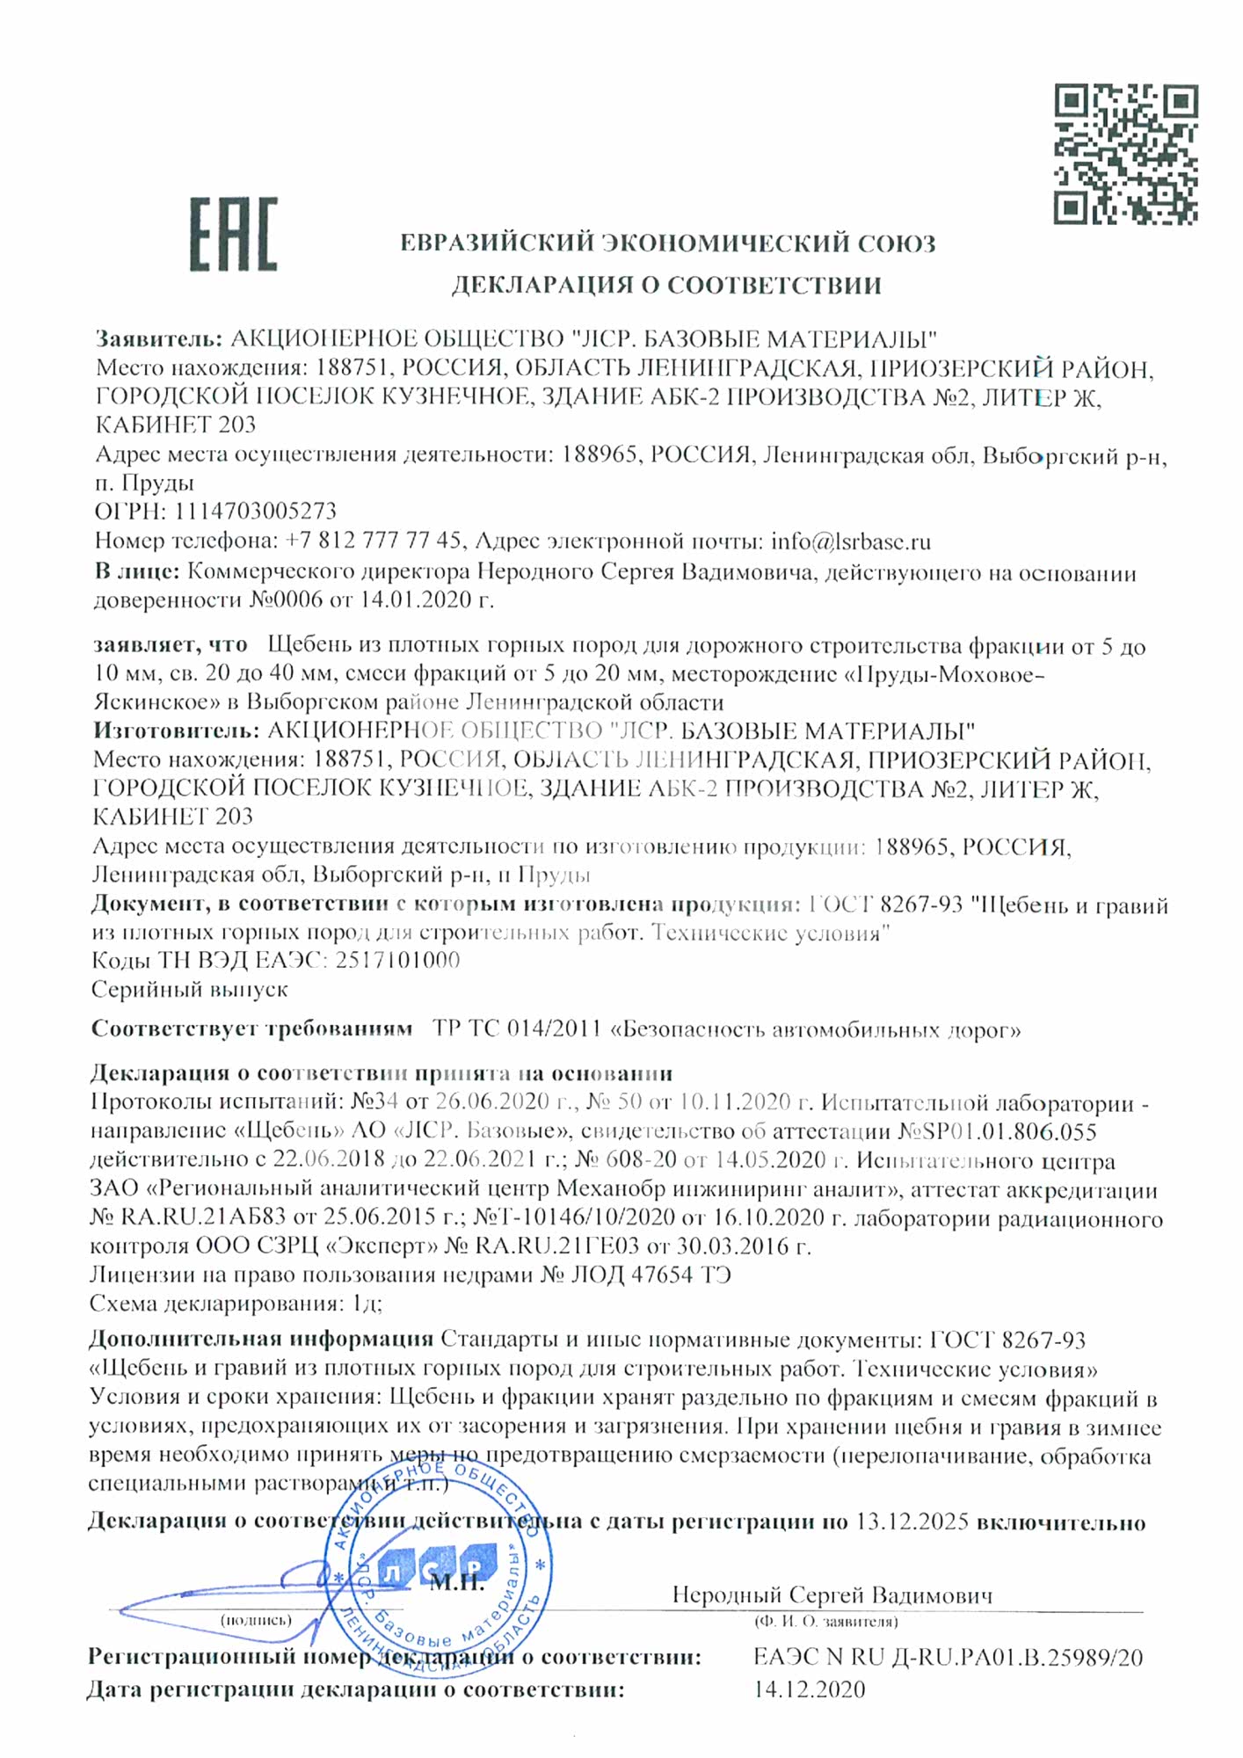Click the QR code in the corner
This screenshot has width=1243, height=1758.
point(1125,154)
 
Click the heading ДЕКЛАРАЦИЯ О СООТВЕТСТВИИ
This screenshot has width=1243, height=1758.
point(666,285)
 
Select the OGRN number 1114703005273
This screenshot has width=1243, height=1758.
point(255,512)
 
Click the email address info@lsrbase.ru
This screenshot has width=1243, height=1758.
point(850,541)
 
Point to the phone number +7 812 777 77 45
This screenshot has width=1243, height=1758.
point(373,541)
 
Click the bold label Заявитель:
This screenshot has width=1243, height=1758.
point(159,339)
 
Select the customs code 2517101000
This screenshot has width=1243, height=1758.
point(397,960)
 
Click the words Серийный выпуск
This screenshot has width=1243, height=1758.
point(189,989)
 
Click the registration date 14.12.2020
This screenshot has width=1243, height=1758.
point(809,1689)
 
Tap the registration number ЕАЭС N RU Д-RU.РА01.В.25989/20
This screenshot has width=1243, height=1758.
point(948,1658)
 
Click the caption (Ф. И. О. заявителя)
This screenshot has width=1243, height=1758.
point(825,1621)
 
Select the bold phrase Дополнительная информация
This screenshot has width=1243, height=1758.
point(261,1340)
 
